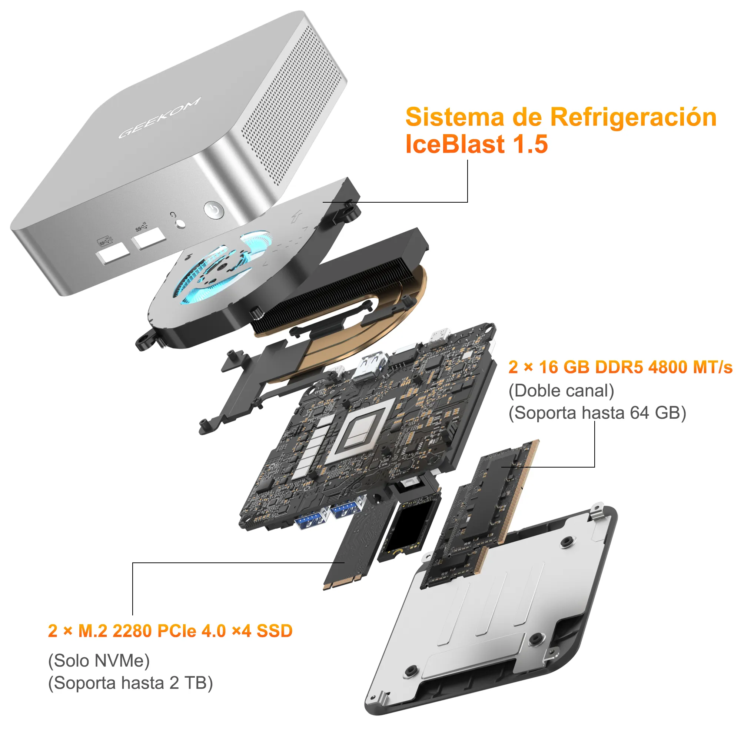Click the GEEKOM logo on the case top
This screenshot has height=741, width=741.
159,118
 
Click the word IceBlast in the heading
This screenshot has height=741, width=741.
455,144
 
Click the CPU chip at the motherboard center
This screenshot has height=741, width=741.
360,430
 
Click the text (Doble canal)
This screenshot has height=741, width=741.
561,391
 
